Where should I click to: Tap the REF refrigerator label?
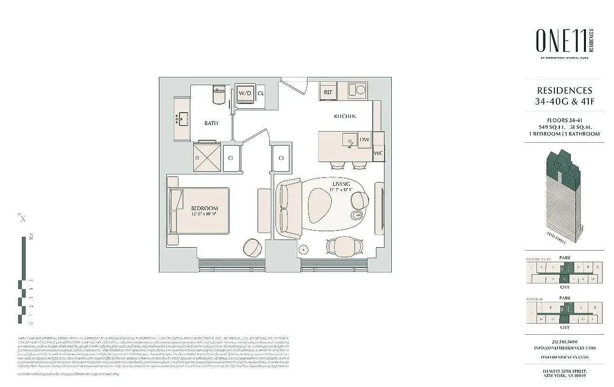(x=327, y=91)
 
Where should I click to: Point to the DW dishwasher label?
(x=364, y=140)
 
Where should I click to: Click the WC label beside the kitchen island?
(x=379, y=153)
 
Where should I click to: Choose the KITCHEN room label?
(x=345, y=117)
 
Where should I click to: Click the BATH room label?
(x=211, y=123)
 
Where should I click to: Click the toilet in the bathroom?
(x=219, y=94)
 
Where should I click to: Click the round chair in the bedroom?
(x=252, y=248)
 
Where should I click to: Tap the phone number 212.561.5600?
(x=564, y=342)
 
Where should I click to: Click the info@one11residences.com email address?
(x=564, y=348)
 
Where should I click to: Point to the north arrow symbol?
(x=22, y=218)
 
